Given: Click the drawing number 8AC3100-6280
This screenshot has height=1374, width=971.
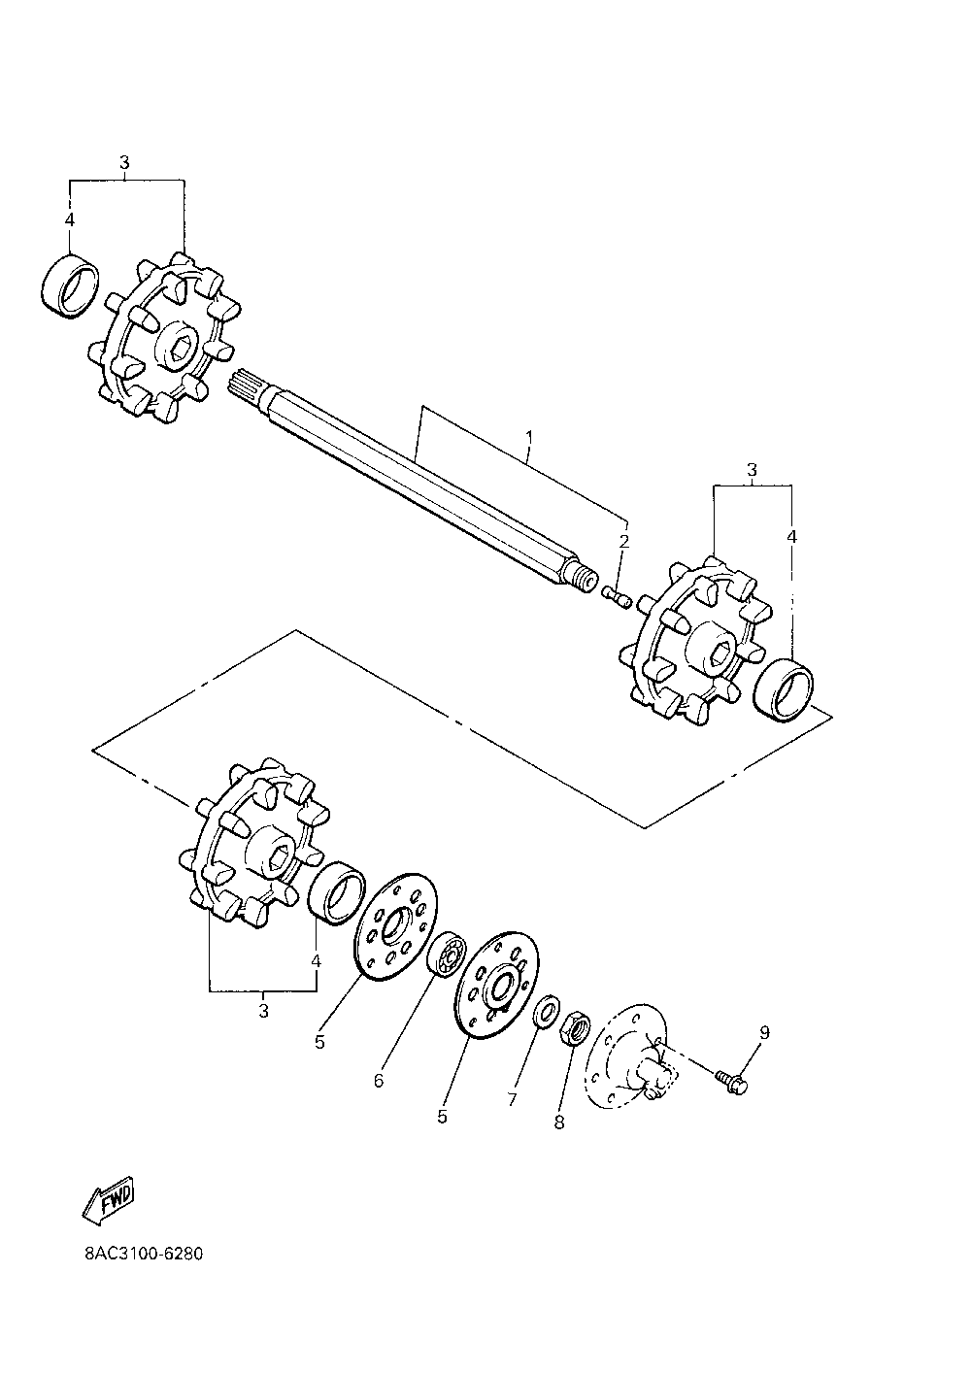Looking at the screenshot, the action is [144, 1252].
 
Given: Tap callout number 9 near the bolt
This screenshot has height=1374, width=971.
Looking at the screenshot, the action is [763, 1032].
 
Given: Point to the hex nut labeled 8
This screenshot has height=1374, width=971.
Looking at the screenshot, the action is [574, 1026].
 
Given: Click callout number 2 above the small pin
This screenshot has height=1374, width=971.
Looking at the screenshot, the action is [625, 541].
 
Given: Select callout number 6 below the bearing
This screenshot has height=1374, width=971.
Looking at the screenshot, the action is [379, 1080].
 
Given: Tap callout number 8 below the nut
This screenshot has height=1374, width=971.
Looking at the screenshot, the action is [558, 1122].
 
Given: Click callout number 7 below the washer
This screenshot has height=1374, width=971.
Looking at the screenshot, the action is [512, 1099].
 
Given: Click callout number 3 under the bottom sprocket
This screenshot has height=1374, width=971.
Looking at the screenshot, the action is [263, 1011].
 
